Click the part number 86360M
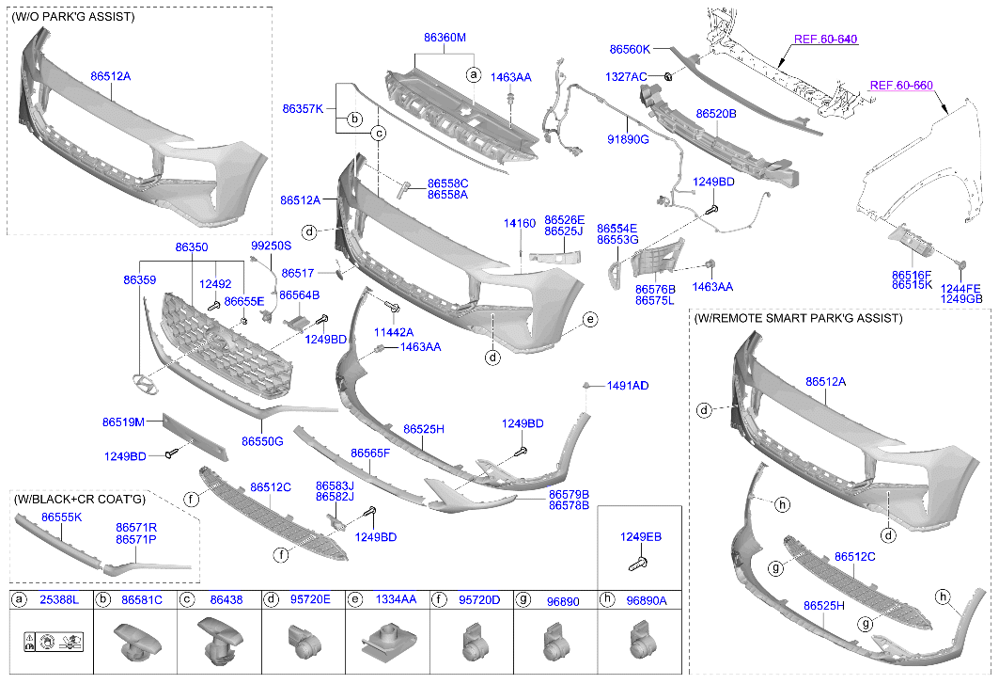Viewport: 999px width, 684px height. pyautogui.click(x=445, y=38)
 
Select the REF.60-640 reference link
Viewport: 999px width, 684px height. pyautogui.click(x=825, y=40)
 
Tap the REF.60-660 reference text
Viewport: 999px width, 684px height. pyautogui.click(x=900, y=86)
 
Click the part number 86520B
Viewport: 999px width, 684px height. pyautogui.click(x=715, y=113)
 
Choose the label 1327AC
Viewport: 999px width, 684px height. pyautogui.click(x=626, y=76)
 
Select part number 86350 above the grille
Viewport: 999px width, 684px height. pyautogui.click(x=191, y=247)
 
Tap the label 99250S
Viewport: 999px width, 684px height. pyautogui.click(x=271, y=247)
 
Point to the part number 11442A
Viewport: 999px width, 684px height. pyautogui.click(x=393, y=332)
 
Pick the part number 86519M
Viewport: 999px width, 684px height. pyautogui.click(x=123, y=423)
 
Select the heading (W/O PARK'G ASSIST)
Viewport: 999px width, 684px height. pyautogui.click(x=73, y=17)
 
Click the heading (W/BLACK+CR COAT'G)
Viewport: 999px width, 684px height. pyautogui.click(x=80, y=499)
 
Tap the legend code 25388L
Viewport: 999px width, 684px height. pyautogui.click(x=58, y=599)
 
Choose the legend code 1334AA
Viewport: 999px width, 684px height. pyautogui.click(x=396, y=599)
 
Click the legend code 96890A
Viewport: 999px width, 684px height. pyautogui.click(x=646, y=599)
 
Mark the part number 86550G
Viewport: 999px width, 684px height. pyautogui.click(x=261, y=440)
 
